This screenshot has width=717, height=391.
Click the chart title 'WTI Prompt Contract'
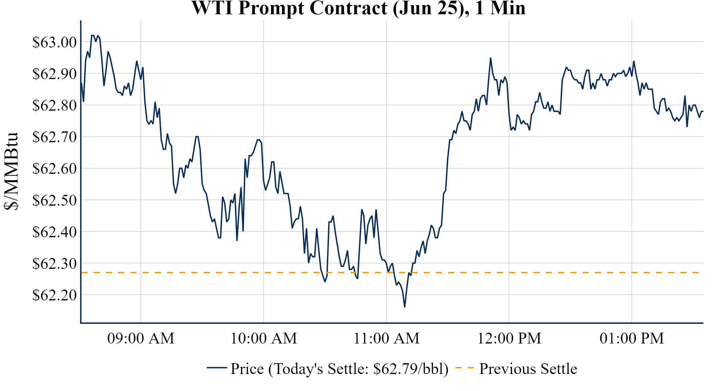358,8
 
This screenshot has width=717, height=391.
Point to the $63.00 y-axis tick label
54,42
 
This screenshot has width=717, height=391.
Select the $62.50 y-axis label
54,200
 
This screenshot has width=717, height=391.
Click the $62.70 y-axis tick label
54,137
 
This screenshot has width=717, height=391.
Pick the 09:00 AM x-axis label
141,338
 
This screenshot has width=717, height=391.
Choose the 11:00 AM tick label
386,338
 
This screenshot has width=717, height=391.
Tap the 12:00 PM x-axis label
509,338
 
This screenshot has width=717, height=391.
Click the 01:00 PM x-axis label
632,338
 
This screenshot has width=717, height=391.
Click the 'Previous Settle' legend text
528,369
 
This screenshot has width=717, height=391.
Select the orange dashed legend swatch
464,368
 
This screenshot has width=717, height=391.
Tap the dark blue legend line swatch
217,368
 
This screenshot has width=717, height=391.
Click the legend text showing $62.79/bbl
339,369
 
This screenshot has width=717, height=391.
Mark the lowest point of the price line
405,307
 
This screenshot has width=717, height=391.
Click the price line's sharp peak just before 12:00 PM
491,58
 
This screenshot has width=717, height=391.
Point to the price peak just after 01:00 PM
634,61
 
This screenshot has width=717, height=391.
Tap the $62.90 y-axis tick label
54,74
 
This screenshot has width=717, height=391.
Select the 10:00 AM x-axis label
264,338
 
